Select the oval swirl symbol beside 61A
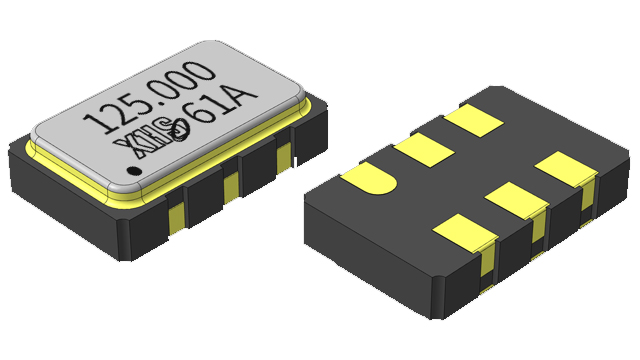click(179, 130)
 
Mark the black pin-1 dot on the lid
click(133, 171)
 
